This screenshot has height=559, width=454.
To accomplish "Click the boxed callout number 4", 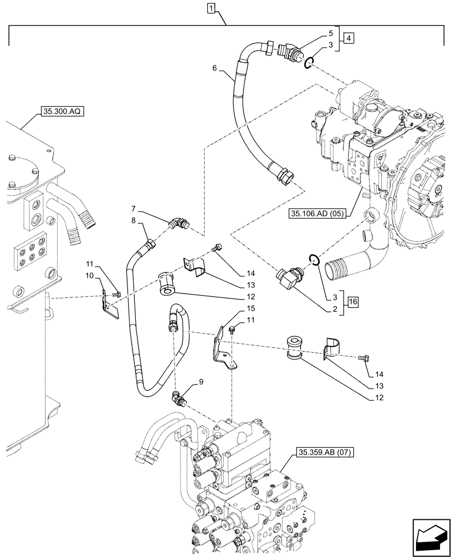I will (348, 39).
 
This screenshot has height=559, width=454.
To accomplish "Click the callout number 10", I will (89, 276).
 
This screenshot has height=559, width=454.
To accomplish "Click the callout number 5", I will (331, 33).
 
